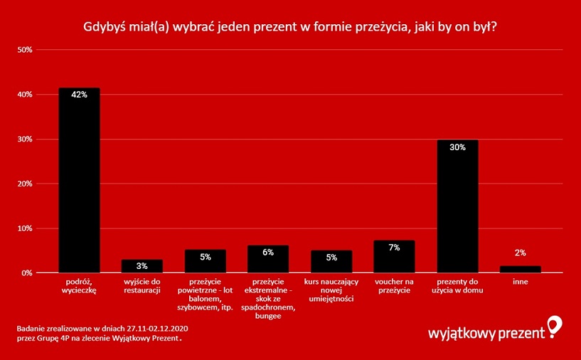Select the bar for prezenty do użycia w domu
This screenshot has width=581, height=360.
(457, 206)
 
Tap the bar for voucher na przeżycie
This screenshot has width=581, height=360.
(394, 257)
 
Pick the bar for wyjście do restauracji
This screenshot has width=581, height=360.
(142, 266)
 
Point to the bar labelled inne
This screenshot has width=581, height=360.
(520, 269)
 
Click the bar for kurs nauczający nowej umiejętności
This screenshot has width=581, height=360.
(331, 262)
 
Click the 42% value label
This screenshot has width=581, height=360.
(79, 95)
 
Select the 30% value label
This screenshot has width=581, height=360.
(457, 147)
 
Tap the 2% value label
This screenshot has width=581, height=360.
(521, 253)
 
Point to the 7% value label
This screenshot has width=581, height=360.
(394, 248)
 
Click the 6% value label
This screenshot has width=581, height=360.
(268, 253)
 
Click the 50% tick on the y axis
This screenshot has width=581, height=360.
(25, 50)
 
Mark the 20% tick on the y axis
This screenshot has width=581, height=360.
(25, 184)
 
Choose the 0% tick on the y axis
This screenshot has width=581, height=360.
(27, 273)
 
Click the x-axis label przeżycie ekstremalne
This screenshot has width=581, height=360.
(268, 299)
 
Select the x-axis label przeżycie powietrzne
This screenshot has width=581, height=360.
(205, 295)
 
